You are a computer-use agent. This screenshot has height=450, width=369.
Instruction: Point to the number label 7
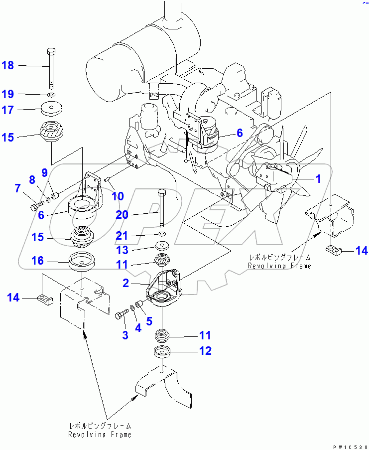(x=18, y=188)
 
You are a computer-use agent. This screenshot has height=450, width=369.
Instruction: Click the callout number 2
(x=126, y=283)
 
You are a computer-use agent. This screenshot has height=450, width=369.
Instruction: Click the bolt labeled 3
(x=122, y=315)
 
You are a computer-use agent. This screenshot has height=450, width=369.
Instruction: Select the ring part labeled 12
(x=162, y=352)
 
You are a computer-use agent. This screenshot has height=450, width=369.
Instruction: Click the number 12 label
(x=205, y=351)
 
